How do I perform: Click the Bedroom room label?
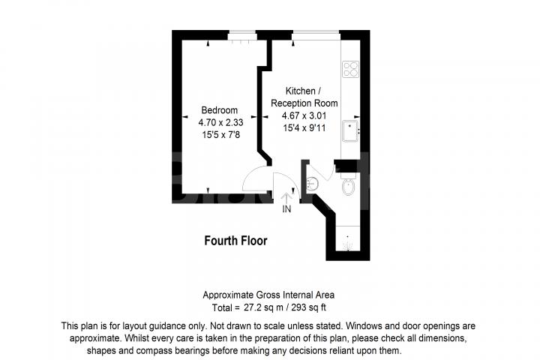tap(219, 110)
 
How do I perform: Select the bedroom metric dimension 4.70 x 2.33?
tap(220, 122)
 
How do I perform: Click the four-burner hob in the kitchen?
tap(350, 69)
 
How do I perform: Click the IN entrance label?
tap(286, 209)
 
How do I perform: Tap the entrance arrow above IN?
tap(286, 196)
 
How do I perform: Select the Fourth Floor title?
tap(235, 241)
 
